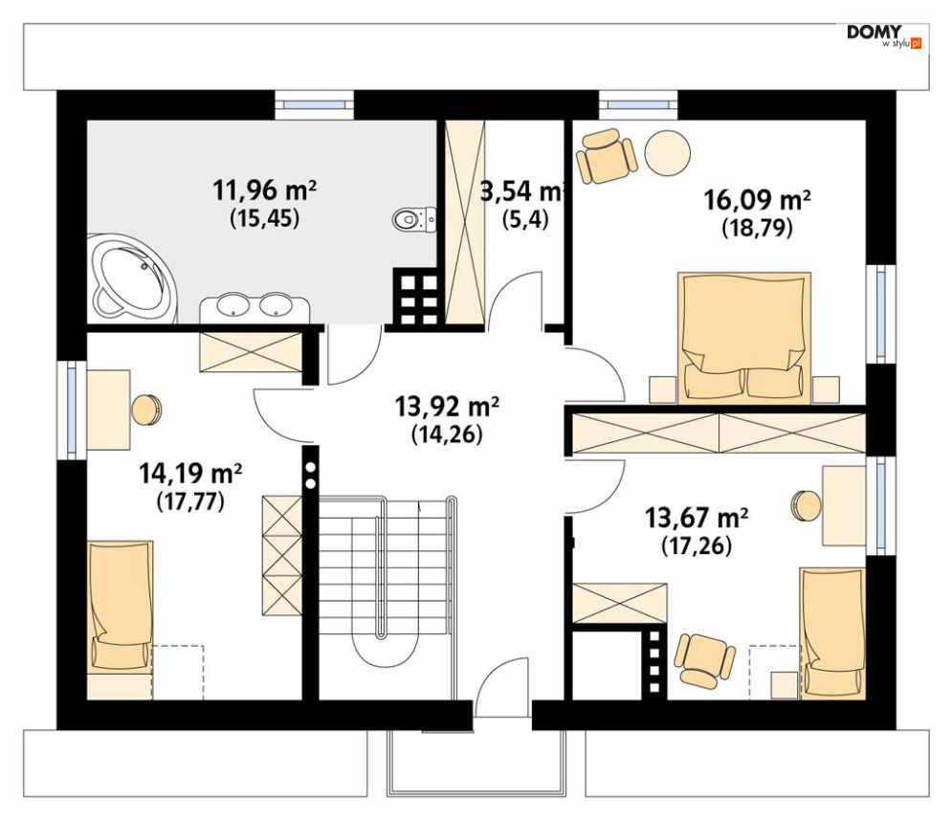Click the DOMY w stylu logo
tap(884, 36)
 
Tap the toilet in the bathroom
tap(414, 219)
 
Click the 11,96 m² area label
tap(265, 190)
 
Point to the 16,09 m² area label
tap(757, 199)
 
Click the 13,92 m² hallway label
tap(447, 407)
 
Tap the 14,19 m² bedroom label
tap(190, 473)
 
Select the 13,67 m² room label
tap(696, 518)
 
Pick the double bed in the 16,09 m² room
tap(744, 338)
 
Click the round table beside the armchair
tap(667, 154)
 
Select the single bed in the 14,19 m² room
tap(121, 619)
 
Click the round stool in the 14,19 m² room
tap(147, 410)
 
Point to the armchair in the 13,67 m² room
tap(705, 660)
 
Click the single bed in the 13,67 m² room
tap(832, 633)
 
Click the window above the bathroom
tap(314, 104)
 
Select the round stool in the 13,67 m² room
tap(807, 504)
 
